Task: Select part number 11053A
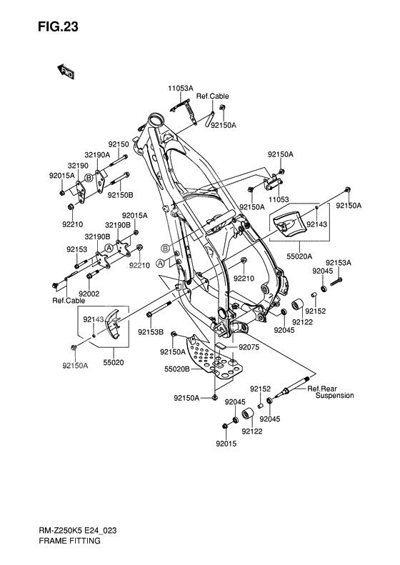(x=181, y=88)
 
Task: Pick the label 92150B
(x=121, y=194)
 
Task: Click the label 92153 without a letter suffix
(x=77, y=249)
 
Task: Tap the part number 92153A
(x=339, y=263)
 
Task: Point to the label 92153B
(x=151, y=332)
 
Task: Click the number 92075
(x=249, y=347)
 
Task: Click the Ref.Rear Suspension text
(x=330, y=391)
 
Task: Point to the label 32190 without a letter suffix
(x=78, y=164)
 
